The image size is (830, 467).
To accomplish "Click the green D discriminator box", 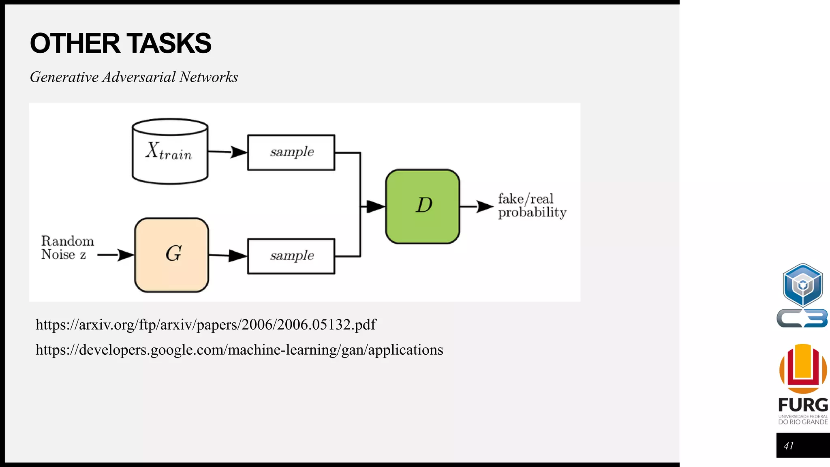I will point(422,206).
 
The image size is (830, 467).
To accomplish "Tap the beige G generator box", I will point(171,255).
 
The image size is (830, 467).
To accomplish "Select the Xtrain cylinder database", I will point(170,152).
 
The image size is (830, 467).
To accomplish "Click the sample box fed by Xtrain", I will point(291,152).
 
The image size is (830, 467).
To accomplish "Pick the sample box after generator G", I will point(291,256).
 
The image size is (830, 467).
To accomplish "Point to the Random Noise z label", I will point(67,248).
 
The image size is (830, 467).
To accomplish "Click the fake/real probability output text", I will point(531,206).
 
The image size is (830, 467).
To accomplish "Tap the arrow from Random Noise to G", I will point(116,255).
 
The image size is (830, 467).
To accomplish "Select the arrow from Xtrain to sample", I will point(227,152).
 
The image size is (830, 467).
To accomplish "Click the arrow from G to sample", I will point(228,255).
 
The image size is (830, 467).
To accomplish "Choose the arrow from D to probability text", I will point(477,206).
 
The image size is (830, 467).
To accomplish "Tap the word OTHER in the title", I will point(75,43).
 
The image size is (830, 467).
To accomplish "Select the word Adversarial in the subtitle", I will point(139,77).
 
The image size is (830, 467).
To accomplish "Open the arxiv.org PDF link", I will point(206,325).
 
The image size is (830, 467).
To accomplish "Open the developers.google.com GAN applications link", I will point(239,350).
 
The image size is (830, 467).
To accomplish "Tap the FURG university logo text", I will point(803,405).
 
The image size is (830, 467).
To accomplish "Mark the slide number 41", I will point(789,446).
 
